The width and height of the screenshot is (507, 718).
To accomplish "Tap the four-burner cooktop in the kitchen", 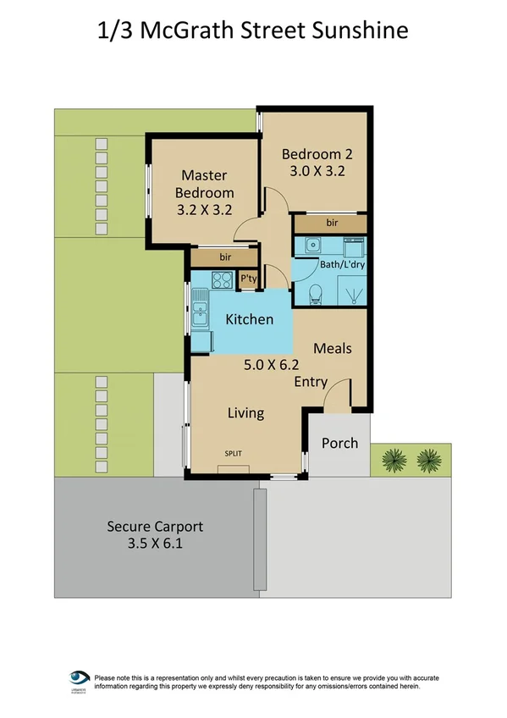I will point(223,279).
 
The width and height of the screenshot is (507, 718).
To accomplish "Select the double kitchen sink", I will point(199,310).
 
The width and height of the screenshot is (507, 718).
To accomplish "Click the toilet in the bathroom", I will point(315,294).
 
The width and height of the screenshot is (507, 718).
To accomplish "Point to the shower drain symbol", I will point(351,296).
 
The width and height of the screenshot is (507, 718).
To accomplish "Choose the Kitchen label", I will point(249,319).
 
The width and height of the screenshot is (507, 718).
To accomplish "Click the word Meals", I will point(332,348).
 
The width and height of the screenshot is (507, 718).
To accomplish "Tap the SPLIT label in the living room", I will point(233,454).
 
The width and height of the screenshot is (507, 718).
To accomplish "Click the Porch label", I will point(339,443).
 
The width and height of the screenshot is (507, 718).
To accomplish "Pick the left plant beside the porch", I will point(394,461).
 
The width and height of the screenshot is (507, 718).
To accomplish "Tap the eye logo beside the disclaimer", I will point(80,679).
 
